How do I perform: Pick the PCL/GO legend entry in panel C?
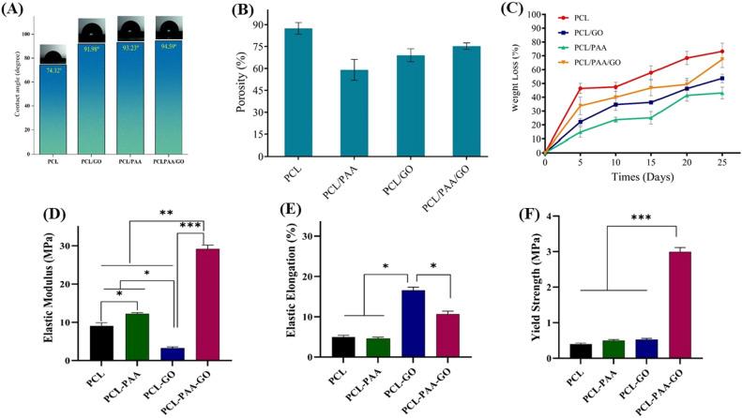pyautogui.click(x=589, y=29)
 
